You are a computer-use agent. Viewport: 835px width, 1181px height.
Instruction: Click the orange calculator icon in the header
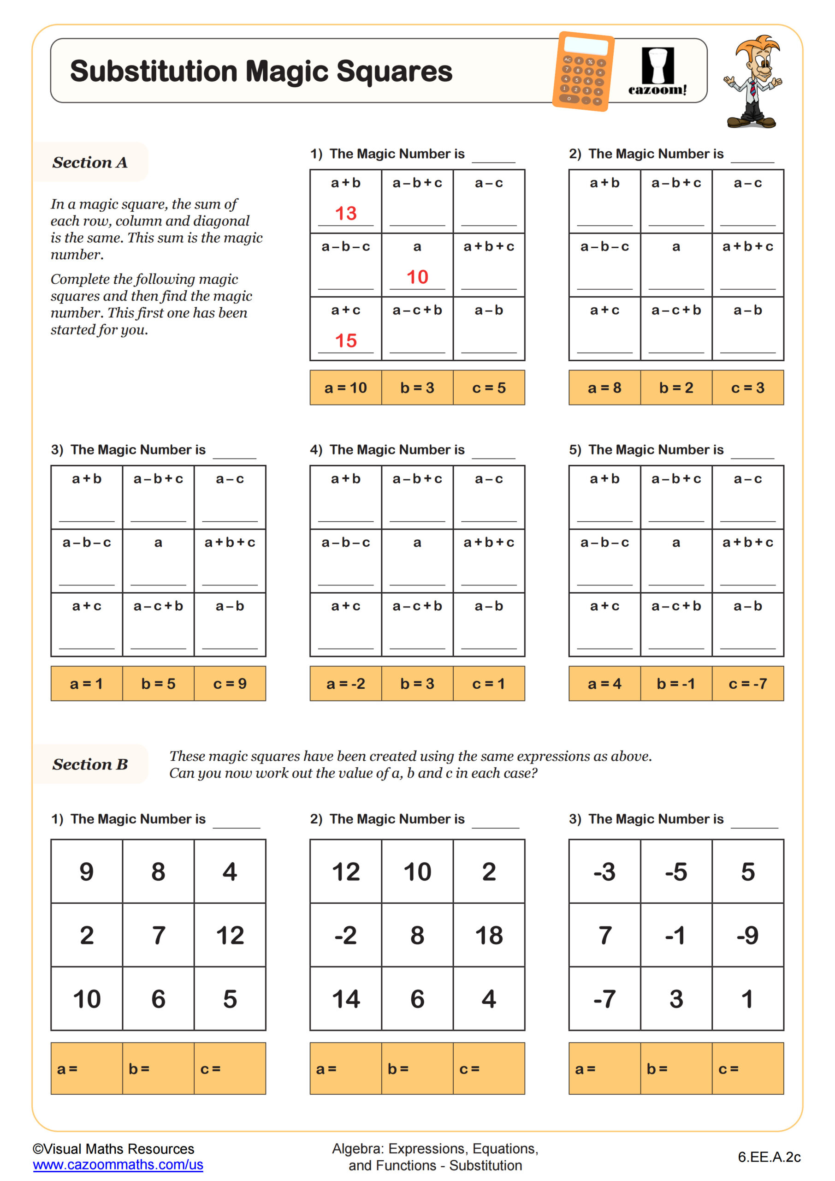pyautogui.click(x=583, y=72)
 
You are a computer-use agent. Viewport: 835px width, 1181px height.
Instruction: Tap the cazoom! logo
pyautogui.click(x=657, y=72)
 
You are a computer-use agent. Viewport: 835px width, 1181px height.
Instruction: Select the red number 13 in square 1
pyautogui.click(x=345, y=213)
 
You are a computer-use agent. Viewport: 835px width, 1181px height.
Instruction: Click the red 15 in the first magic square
pyautogui.click(x=345, y=340)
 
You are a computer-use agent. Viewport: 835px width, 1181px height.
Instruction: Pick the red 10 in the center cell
pyautogui.click(x=417, y=277)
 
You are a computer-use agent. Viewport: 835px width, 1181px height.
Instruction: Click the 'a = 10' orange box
pyautogui.click(x=345, y=388)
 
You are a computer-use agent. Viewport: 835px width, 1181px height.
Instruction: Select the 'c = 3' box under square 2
pyautogui.click(x=747, y=388)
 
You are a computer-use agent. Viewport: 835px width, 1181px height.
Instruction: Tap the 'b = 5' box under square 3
pyautogui.click(x=158, y=683)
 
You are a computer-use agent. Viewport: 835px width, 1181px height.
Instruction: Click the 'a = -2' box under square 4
pyautogui.click(x=345, y=683)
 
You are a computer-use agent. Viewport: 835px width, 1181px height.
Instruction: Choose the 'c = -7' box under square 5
pyautogui.click(x=747, y=683)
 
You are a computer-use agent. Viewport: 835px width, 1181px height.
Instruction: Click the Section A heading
pyautogui.click(x=90, y=162)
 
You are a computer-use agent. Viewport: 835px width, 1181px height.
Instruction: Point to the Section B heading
pyautogui.click(x=90, y=764)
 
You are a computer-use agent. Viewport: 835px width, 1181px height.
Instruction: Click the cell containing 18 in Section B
pyautogui.click(x=488, y=935)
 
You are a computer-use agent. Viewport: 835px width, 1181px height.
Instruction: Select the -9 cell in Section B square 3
pyautogui.click(x=747, y=935)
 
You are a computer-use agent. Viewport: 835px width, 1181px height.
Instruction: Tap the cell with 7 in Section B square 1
pyautogui.click(x=158, y=935)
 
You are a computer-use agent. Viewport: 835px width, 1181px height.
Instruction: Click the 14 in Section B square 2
pyautogui.click(x=345, y=999)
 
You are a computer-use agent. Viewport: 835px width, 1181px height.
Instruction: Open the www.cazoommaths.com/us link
pyautogui.click(x=118, y=1164)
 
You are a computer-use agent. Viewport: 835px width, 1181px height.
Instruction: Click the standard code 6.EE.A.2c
pyautogui.click(x=769, y=1157)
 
